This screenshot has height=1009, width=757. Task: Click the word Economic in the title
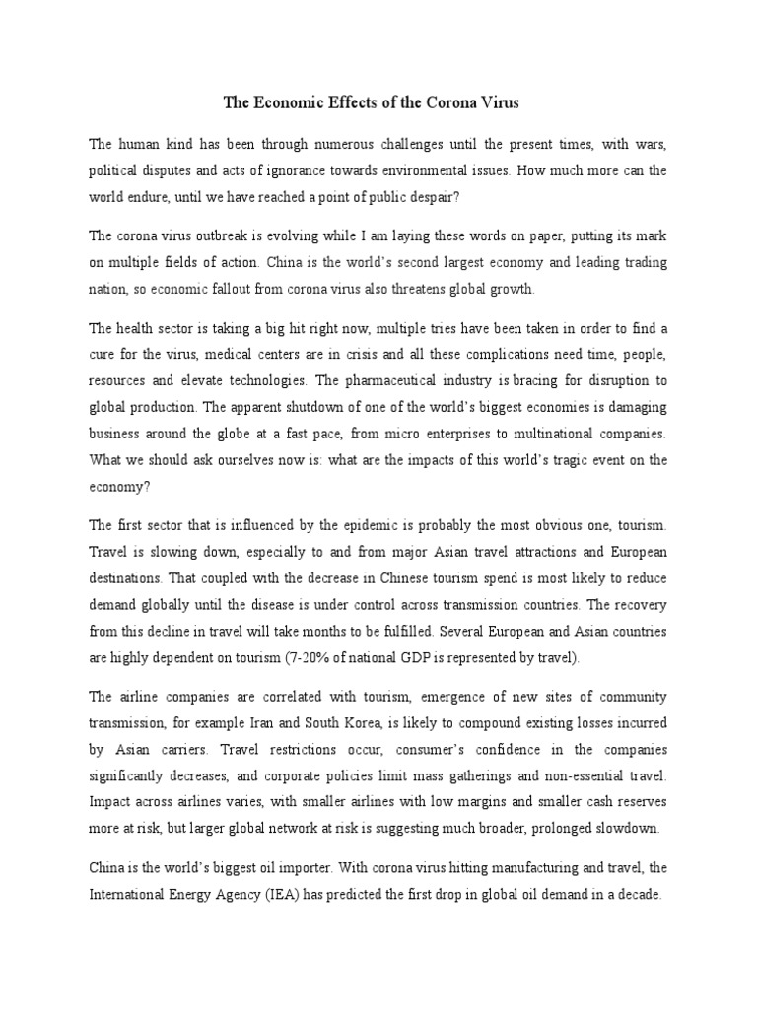coord(295,102)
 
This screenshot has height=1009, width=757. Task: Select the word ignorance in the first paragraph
coord(300,170)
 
